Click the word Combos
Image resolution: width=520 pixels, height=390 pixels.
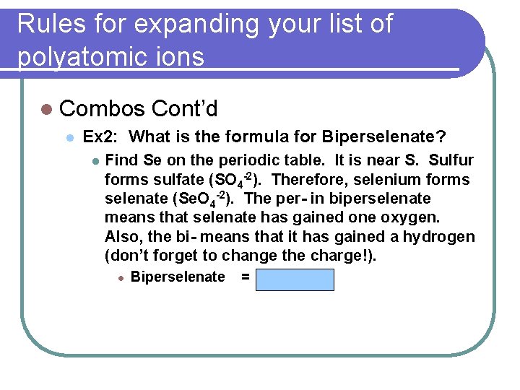tap(103, 109)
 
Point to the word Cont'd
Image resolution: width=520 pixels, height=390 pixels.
tap(185, 109)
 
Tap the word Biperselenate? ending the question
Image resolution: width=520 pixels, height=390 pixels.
tap(383, 136)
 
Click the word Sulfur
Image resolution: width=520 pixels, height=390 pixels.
tap(451, 160)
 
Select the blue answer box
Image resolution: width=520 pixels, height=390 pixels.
tap(295, 279)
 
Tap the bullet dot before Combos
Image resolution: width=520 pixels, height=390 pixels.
tap(48, 110)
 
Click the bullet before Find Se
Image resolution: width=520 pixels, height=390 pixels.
tap(95, 161)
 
